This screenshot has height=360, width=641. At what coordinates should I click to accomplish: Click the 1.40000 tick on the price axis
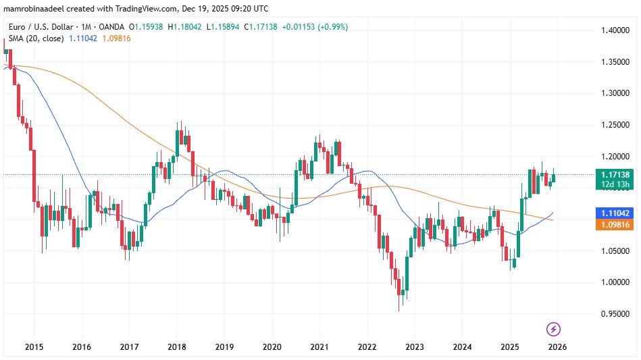pyautogui.click(x=616, y=30)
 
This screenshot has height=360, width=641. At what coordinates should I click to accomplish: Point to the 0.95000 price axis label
pyautogui.click(x=616, y=314)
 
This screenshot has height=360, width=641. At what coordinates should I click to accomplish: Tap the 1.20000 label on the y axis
pyautogui.click(x=616, y=157)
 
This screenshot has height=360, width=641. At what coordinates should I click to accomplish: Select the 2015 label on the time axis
pyautogui.click(x=34, y=346)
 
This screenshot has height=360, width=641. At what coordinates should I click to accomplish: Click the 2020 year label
pyautogui.click(x=272, y=346)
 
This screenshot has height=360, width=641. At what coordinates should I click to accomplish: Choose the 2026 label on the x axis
pyautogui.click(x=557, y=346)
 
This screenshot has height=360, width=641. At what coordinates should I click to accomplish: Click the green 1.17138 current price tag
pyautogui.click(x=616, y=174)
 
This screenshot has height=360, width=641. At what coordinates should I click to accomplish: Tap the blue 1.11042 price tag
pyautogui.click(x=616, y=213)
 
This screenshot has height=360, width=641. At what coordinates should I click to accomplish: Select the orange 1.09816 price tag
pyautogui.click(x=616, y=226)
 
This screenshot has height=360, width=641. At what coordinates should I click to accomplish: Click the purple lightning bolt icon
pyautogui.click(x=553, y=329)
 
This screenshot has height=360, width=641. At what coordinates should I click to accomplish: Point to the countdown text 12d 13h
pyautogui.click(x=616, y=184)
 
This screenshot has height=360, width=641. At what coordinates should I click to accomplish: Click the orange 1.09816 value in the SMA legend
pyautogui.click(x=113, y=38)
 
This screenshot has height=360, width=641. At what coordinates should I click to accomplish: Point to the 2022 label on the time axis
pyautogui.click(x=367, y=346)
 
